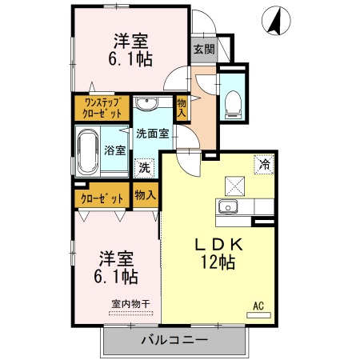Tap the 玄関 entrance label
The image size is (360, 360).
click(203, 49)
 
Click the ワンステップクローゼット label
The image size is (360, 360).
click(102, 107)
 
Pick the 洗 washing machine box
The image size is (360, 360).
click(144, 168)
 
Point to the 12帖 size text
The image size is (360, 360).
click(218, 262)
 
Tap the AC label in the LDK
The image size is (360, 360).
click(258, 305)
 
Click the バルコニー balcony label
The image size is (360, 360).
click(174, 341)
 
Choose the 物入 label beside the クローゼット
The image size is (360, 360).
click(145, 195)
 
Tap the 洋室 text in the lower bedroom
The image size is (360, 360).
click(117, 258)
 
